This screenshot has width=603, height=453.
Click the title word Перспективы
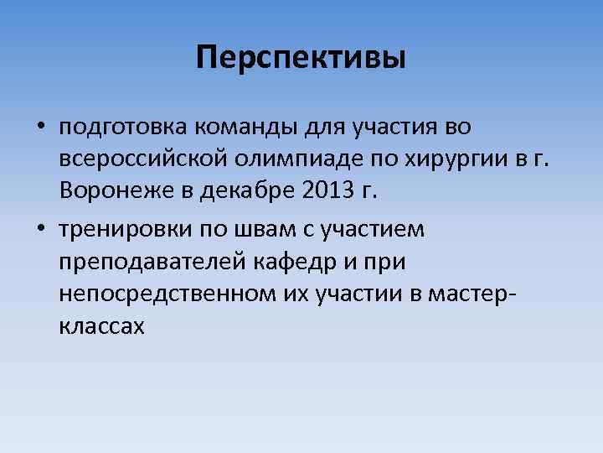pyautogui.click(x=301, y=58)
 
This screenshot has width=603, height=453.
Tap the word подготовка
pyautogui.click(x=123, y=128)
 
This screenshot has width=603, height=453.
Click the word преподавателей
pyautogui.click(x=151, y=263)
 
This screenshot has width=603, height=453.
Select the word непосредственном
pyautogui.click(x=157, y=294)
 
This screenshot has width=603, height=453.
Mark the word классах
pyautogui.click(x=102, y=326)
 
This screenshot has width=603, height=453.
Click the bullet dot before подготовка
pyautogui.click(x=40, y=128)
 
